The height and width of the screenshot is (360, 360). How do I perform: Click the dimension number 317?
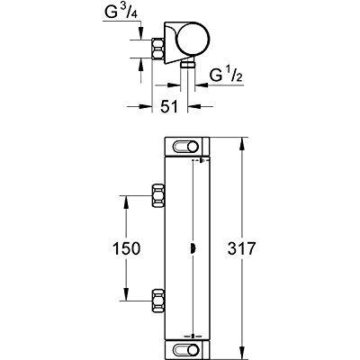241,248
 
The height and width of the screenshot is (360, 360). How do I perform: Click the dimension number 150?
126,248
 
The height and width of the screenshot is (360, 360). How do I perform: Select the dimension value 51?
169,106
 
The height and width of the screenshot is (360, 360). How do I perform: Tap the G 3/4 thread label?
121,13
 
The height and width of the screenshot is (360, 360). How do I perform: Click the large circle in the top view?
193,40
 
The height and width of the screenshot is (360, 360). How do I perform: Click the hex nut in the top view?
158,49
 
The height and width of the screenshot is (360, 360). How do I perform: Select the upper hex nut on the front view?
158,195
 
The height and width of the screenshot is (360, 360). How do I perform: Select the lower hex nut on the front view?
158,301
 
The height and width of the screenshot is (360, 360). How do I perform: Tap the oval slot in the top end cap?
186,147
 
